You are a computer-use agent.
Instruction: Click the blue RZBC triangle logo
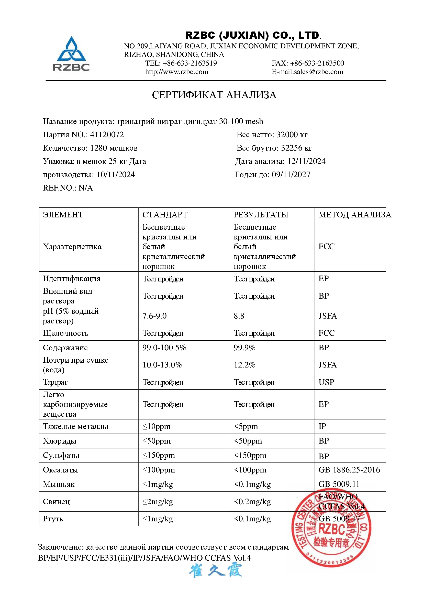click(71, 50)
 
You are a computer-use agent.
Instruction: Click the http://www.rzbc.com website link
click(177, 72)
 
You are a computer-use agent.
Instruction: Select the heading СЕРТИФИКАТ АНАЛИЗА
click(214, 95)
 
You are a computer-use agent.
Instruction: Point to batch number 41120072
click(107, 135)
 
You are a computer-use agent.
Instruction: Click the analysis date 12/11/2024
click(306, 161)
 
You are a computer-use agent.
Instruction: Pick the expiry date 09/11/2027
click(291, 175)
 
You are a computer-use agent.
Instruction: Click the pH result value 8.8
click(239, 316)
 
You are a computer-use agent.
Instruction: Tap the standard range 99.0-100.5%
click(164, 348)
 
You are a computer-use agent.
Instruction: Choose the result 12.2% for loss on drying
click(244, 365)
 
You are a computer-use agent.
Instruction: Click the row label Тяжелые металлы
click(75, 426)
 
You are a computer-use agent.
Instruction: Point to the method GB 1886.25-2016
click(349, 470)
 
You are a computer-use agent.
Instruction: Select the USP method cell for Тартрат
click(326, 382)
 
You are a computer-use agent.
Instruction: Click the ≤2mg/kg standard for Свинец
click(158, 502)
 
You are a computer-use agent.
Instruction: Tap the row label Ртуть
click(53, 519)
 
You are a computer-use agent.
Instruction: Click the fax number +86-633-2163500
click(317, 63)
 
